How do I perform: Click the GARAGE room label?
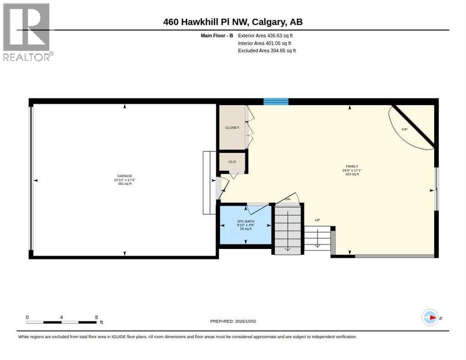tap(125, 176)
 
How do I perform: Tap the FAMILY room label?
tap(352, 166)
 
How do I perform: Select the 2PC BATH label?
tap(246, 221)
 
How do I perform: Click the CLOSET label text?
tap(232, 127)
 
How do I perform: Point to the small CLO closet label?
tap(232, 162)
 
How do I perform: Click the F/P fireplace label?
tap(405, 129)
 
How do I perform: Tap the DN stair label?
tap(288, 199)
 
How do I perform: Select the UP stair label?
tap(317, 220)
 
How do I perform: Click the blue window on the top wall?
tap(276, 102)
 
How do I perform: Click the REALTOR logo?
tap(27, 32)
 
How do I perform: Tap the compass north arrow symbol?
tap(430, 317)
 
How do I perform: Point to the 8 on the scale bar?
tap(96, 317)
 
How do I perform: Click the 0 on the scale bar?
tap(27, 317)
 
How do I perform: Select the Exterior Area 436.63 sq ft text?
tap(265, 36)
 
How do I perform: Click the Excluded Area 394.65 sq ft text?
tap(267, 51)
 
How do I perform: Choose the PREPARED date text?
tap(233, 322)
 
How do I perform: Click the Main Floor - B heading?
tap(217, 36)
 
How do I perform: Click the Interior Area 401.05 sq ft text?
tap(264, 44)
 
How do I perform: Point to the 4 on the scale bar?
tap(61, 317)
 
